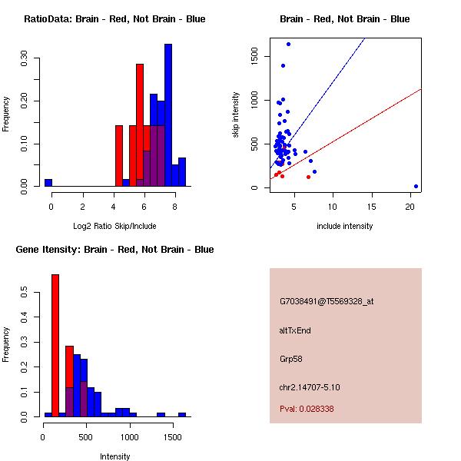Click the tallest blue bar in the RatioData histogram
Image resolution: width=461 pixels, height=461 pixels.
pyautogui.click(x=168, y=115)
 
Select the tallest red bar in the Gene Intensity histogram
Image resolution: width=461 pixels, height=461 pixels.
pyautogui.click(x=55, y=346)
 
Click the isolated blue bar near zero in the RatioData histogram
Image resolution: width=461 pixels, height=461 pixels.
pyautogui.click(x=48, y=183)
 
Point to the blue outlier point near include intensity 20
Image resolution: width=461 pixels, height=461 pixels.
pyautogui.click(x=416, y=186)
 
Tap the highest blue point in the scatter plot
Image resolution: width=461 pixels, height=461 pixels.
pyautogui.click(x=288, y=44)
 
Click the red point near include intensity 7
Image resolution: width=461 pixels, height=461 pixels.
pyautogui.click(x=308, y=177)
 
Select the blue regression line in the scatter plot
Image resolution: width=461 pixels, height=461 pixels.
pyautogui.click(x=317, y=103)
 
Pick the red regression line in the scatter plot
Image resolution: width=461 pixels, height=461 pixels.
pyautogui.click(x=346, y=134)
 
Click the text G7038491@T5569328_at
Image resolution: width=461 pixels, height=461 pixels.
pyautogui.click(x=327, y=301)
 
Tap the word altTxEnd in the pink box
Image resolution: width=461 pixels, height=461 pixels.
pyautogui.click(x=295, y=330)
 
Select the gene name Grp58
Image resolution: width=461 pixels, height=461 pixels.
pyautogui.click(x=290, y=359)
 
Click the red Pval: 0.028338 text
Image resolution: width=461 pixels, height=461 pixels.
pyautogui.click(x=307, y=409)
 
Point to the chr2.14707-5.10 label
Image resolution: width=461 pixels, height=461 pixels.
pyautogui.click(x=310, y=387)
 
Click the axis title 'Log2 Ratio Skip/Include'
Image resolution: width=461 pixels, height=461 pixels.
pyautogui.click(x=114, y=226)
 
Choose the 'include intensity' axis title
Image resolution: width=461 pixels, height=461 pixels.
pyautogui.click(x=344, y=226)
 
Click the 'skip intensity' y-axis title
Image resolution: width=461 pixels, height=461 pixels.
pyautogui.click(x=236, y=114)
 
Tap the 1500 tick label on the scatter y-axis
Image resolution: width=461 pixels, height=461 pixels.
pyautogui.click(x=254, y=56)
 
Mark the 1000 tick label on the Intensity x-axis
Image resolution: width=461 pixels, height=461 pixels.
pyautogui.click(x=129, y=437)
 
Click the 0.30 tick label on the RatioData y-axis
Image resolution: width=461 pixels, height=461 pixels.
pyautogui.click(x=24, y=58)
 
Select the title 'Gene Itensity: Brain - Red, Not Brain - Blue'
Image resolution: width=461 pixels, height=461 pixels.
pyautogui.click(x=114, y=249)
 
